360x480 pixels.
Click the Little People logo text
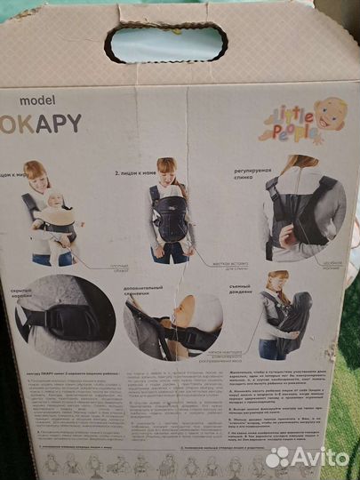click(283, 124)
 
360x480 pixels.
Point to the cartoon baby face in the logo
click(330, 114)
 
